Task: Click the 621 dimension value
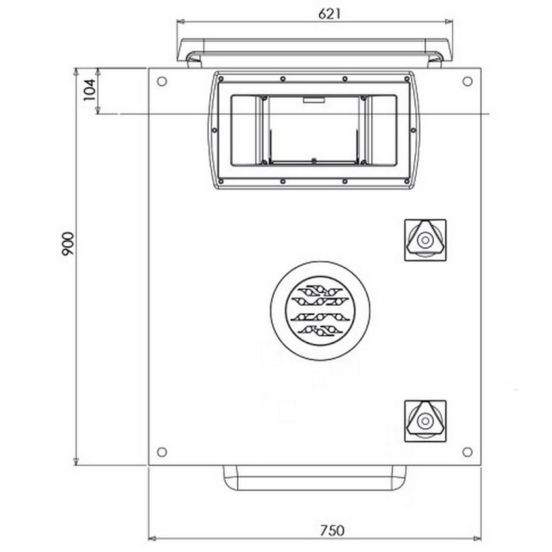pyautogui.click(x=329, y=14)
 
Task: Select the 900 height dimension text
pyautogui.click(x=68, y=243)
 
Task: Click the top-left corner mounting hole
pyautogui.click(x=162, y=81)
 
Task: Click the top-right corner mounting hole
pyautogui.click(x=467, y=81)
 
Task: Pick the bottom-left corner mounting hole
pyautogui.click(x=162, y=452)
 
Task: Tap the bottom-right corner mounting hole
pyautogui.click(x=467, y=452)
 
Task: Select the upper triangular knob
pyautogui.click(x=425, y=240)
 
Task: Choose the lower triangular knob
pyautogui.click(x=425, y=421)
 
